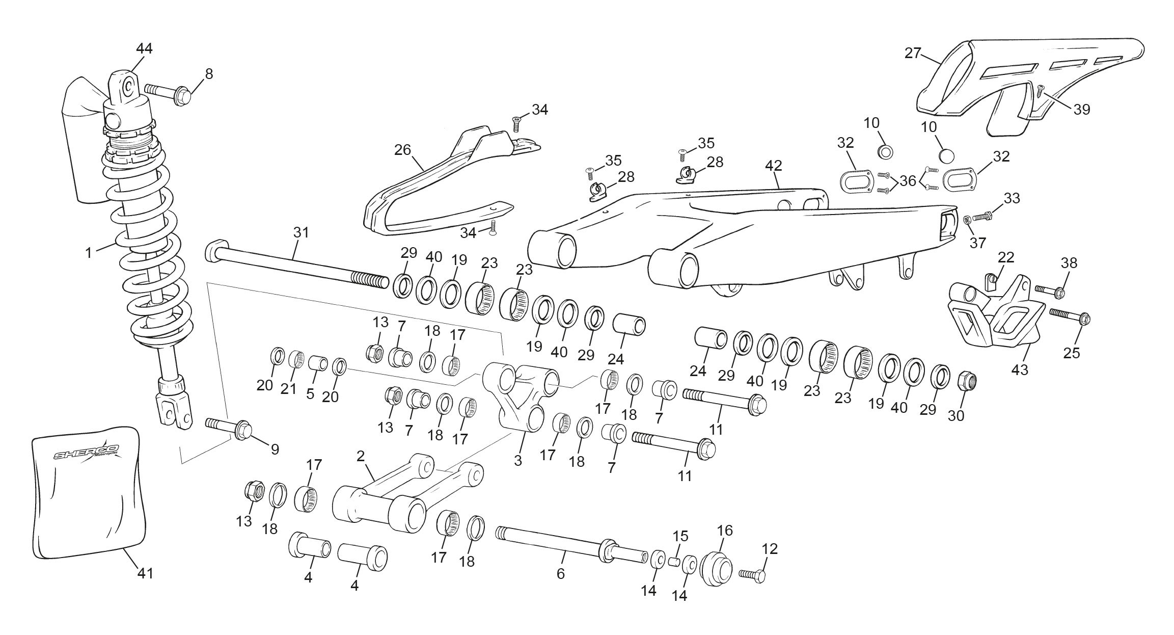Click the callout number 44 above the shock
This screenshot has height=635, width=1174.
144,49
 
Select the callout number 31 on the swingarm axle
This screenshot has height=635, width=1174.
301,233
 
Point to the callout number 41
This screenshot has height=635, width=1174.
145,573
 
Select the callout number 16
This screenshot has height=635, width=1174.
725,531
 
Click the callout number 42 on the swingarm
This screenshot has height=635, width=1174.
773,166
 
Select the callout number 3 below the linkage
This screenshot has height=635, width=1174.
518,461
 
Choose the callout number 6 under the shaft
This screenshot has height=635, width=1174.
560,574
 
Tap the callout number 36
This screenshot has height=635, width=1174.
908,181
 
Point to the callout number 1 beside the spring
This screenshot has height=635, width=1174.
89,252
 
